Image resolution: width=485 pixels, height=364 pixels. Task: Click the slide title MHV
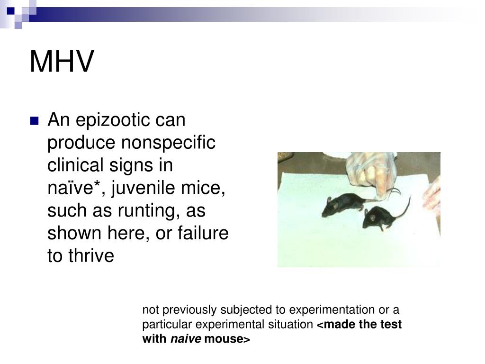pyautogui.click(x=62, y=62)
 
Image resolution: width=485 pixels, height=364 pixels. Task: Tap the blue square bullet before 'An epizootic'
pyautogui.click(x=34, y=121)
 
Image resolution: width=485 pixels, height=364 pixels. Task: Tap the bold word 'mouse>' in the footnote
pyautogui.click(x=226, y=339)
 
